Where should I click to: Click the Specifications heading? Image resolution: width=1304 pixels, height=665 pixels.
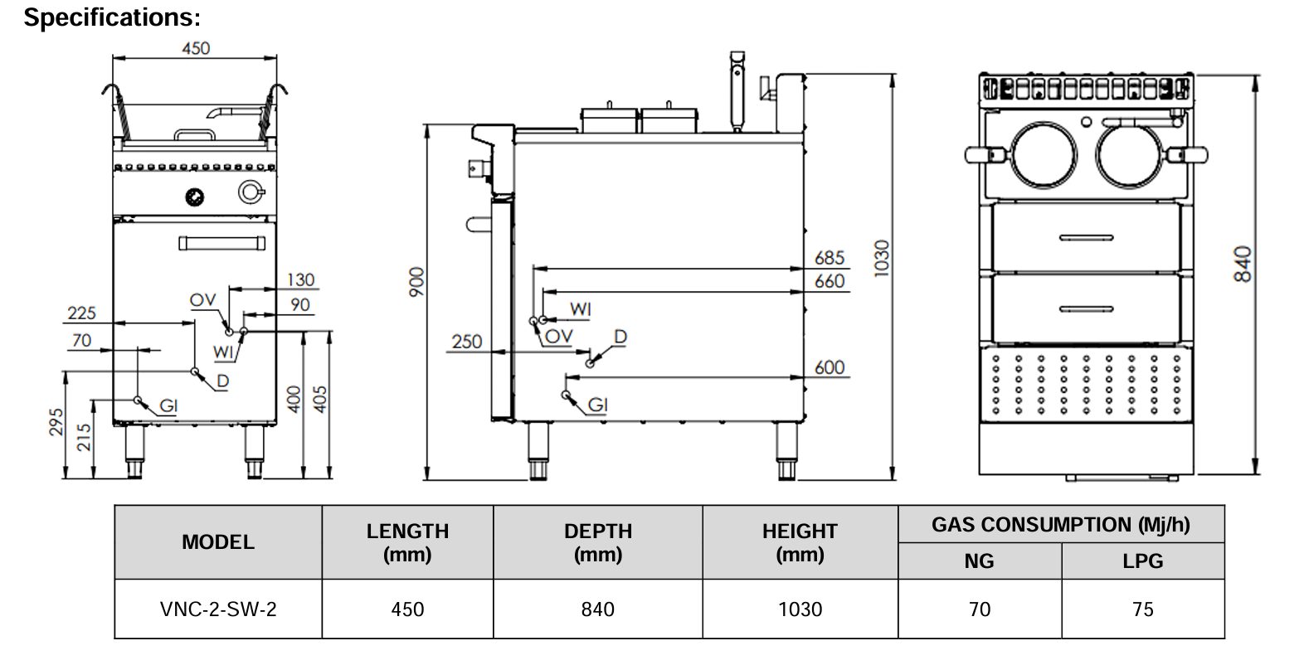(112, 17)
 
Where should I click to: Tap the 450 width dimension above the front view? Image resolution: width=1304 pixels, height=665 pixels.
(196, 48)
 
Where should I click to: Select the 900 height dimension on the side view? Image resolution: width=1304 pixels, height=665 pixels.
(416, 281)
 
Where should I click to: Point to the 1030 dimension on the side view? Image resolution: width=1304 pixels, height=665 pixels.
(881, 258)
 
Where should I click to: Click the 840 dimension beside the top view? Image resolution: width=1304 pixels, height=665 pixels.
(1242, 264)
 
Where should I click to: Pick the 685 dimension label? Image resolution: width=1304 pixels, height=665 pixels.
(829, 258)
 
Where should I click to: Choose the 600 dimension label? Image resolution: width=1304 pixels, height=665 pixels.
(829, 367)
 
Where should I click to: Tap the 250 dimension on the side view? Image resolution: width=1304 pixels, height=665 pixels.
(467, 342)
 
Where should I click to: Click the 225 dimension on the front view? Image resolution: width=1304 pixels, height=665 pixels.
(81, 313)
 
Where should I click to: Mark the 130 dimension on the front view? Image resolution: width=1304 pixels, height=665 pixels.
(300, 279)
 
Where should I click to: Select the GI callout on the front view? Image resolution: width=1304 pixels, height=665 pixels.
(168, 405)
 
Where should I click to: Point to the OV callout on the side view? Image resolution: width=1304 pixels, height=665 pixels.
(559, 336)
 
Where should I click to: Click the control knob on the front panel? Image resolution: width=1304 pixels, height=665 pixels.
(195, 197)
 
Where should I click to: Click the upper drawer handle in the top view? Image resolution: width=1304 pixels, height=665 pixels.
(1086, 238)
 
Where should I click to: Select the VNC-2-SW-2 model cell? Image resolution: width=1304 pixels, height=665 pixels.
(218, 609)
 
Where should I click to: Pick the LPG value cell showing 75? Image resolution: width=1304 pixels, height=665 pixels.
(1142, 609)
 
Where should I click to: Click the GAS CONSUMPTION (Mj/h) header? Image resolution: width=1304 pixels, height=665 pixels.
(1060, 525)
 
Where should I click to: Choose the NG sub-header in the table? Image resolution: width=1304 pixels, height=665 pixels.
(979, 561)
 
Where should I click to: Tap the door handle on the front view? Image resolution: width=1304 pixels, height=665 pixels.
(221, 243)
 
